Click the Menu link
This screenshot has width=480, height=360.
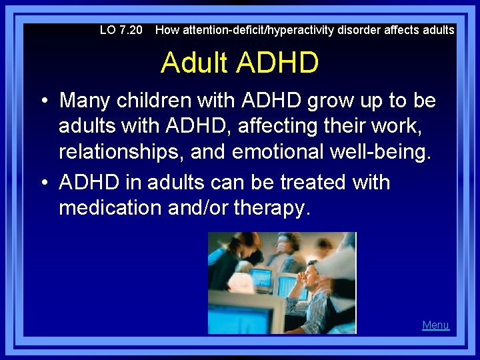coord(435,325)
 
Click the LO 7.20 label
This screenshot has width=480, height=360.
coord(121,30)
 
